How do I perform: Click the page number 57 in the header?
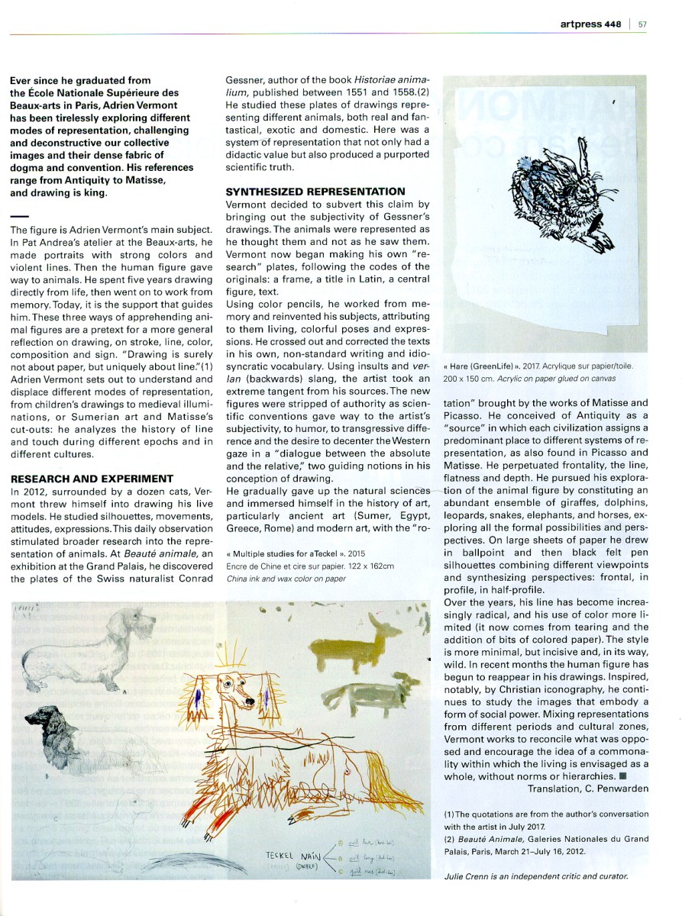tap(642, 23)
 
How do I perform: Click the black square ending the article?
tap(623, 776)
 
